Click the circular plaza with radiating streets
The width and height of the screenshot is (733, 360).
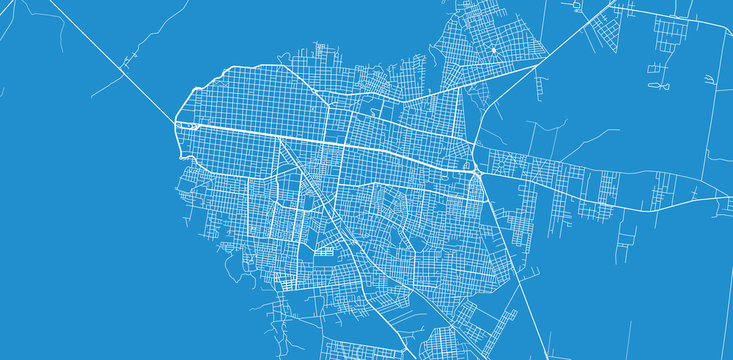[494, 48]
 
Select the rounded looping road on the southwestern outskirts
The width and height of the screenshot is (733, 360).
[240, 262]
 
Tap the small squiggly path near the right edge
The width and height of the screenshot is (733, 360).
[718, 204]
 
